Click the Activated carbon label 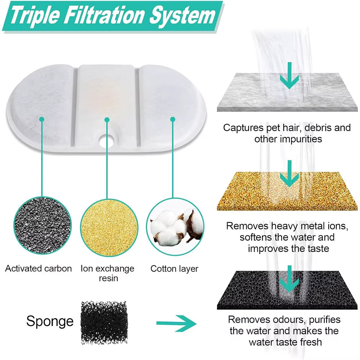(39, 269)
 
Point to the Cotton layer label (174, 269)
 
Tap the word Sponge (50, 321)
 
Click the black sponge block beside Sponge (103, 321)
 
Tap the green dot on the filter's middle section (107, 119)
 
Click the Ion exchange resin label (107, 274)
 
